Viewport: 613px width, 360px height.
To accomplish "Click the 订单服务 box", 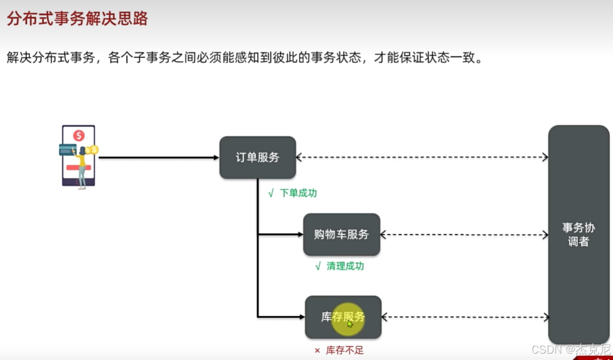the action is point(258,157).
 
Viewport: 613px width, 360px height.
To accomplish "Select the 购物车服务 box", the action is point(341,234).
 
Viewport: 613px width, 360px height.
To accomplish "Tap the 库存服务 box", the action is point(343,317).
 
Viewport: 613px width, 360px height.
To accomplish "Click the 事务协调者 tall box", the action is point(578,234).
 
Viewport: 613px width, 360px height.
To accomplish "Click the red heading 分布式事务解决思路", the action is point(77,19).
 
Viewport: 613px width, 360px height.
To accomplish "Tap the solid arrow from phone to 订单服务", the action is point(158,157).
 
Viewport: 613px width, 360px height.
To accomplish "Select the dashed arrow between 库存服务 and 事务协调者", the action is point(465,317).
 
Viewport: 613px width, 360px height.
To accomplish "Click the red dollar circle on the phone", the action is point(79,136).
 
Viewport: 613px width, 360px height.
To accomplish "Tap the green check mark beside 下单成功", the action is point(271,193).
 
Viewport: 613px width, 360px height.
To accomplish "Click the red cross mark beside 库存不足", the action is point(317,350).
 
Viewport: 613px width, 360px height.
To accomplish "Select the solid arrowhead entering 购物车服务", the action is point(300,234).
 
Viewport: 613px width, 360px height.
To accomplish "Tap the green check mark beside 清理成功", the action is point(318,266).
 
